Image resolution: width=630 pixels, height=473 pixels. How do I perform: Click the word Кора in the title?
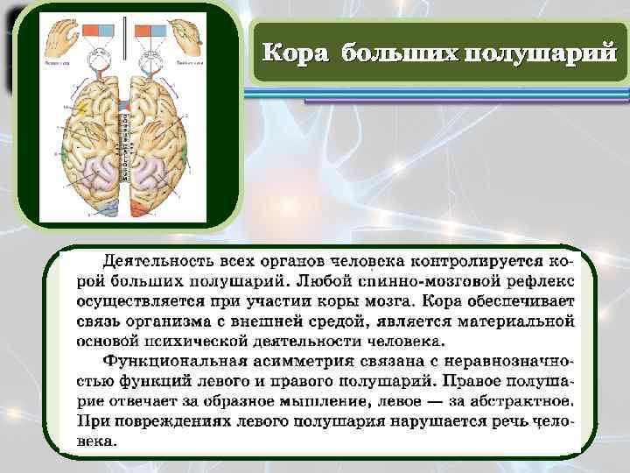click(x=297, y=53)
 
